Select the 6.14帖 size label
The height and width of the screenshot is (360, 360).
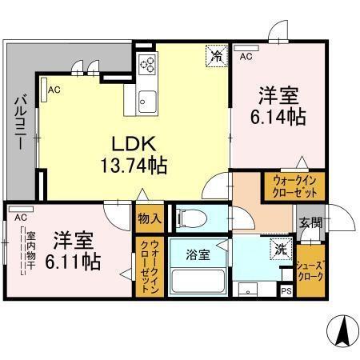278,117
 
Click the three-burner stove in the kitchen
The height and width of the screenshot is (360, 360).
147,65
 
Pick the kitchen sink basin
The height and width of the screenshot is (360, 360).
147,101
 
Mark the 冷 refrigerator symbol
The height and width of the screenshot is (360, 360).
216,54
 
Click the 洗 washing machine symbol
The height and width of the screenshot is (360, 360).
280,249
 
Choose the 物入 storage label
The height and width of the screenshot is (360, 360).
149,218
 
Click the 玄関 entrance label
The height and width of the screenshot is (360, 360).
310,223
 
